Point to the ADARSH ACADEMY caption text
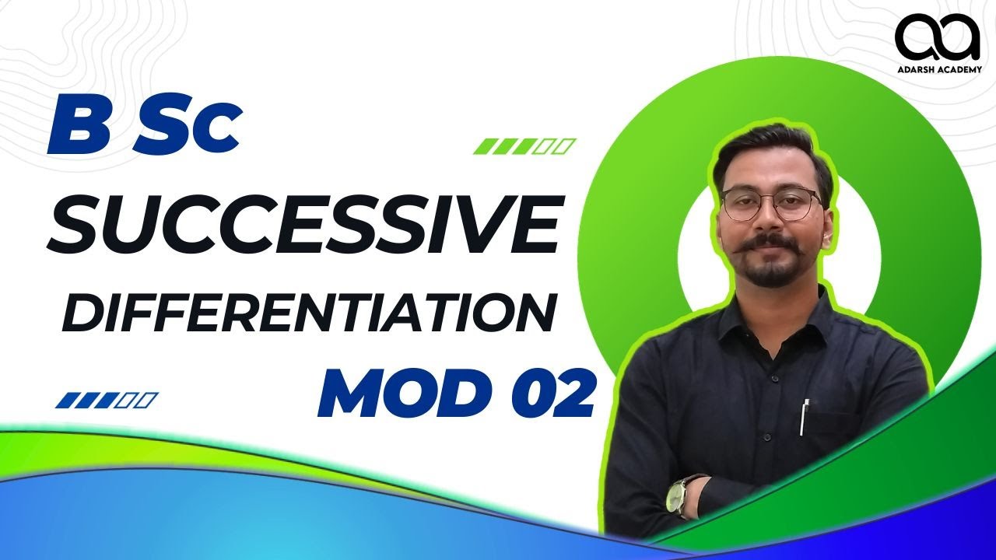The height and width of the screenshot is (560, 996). [938, 68]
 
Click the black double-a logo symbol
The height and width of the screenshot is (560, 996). [938, 37]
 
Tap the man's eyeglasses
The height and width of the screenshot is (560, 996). [770, 204]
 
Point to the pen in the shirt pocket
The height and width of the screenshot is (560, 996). [805, 416]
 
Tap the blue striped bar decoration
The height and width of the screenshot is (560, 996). [107, 401]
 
